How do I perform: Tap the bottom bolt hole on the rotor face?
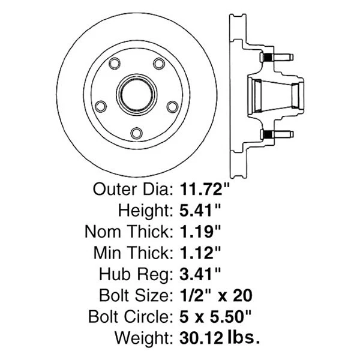[136, 133]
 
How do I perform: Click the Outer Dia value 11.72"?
[206, 190]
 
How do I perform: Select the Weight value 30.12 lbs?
[220, 337]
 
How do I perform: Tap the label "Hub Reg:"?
[138, 274]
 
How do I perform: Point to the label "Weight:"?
[146, 337]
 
